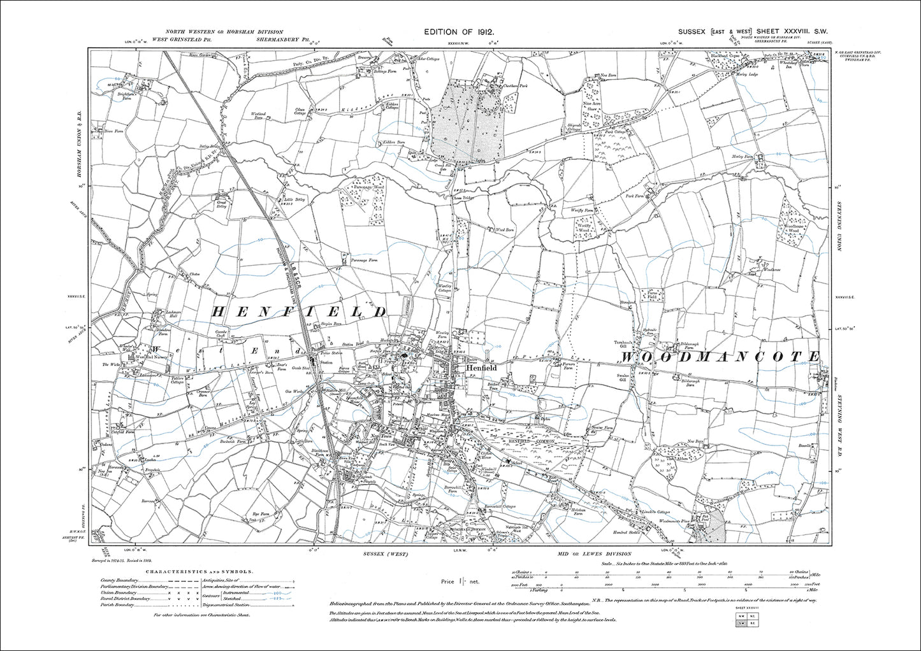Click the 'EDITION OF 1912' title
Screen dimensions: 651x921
[459, 32]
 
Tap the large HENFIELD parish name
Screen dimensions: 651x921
[300, 311]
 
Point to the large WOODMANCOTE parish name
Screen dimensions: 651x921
[720, 357]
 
